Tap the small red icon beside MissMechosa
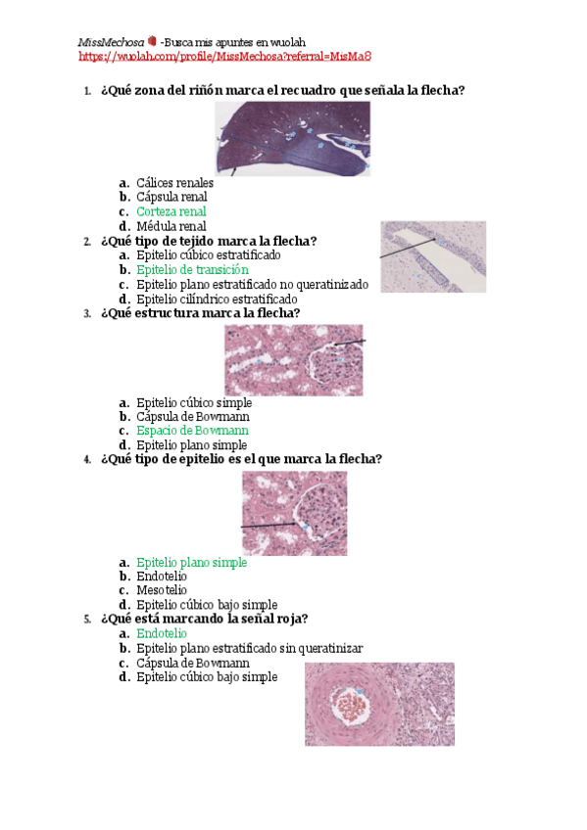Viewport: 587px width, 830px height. (151, 42)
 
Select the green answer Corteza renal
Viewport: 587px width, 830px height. (171, 211)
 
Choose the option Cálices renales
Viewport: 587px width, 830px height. (174, 183)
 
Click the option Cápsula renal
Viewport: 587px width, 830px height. (171, 197)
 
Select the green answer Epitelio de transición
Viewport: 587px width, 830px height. (192, 269)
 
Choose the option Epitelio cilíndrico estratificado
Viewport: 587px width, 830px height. (217, 299)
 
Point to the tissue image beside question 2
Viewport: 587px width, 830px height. (432, 256)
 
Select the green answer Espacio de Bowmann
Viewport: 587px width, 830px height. (192, 431)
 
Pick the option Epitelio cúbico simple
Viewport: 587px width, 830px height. (194, 402)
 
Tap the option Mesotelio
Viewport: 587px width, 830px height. (162, 590)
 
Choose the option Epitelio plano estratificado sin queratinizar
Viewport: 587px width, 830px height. (250, 648)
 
